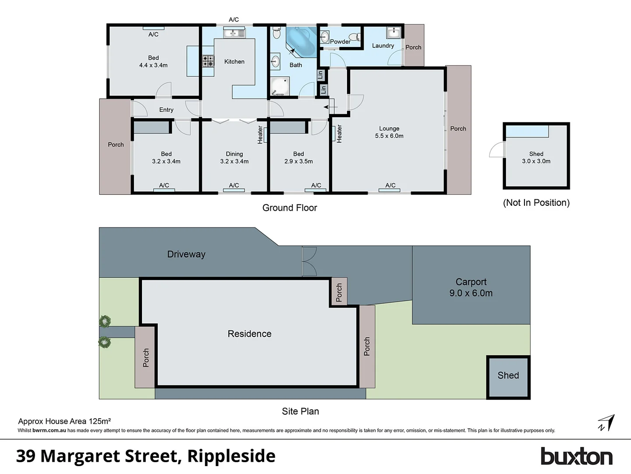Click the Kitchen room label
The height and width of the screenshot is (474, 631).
(234, 61)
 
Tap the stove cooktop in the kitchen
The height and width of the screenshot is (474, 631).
(208, 61)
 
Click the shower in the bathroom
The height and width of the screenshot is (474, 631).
(280, 86)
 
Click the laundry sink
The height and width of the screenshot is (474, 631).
(393, 32)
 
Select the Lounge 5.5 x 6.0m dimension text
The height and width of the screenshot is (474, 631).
(389, 136)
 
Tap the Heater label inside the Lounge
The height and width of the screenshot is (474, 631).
(339, 134)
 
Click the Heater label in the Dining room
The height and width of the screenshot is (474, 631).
(260, 135)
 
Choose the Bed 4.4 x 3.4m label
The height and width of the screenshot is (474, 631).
(153, 61)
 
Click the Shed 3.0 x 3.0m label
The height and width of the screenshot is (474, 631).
(536, 158)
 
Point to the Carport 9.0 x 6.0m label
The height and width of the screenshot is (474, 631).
(471, 287)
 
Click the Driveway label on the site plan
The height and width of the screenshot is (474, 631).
(186, 254)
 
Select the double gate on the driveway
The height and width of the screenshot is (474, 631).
(309, 262)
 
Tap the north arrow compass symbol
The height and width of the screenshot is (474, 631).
(606, 423)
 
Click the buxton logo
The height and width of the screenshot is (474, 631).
(576, 456)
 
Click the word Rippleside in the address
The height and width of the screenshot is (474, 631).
(231, 456)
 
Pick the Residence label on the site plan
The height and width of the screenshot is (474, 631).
(249, 334)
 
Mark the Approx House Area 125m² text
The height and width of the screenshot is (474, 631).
(64, 421)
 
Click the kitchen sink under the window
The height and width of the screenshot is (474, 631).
(234, 33)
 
